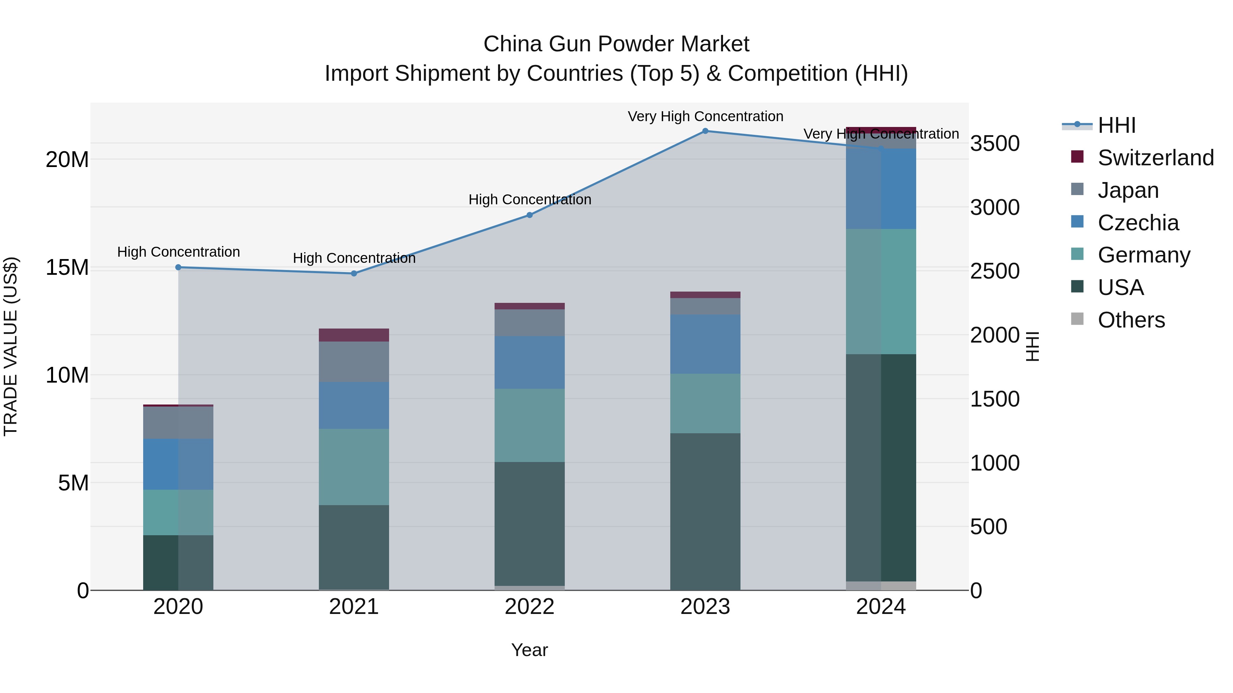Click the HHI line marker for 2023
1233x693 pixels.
705,131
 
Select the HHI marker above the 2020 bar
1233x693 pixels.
178,267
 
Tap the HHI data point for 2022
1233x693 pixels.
530,215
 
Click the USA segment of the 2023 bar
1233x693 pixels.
705,512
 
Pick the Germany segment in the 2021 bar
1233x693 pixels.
354,467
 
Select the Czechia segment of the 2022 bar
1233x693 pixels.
530,362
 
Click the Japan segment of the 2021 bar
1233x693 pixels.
354,362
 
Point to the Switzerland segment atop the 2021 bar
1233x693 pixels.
354,335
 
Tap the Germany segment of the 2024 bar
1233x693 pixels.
881,292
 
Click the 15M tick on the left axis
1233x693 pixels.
67,267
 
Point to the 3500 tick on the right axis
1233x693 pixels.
995,143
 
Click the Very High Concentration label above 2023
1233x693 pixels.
705,116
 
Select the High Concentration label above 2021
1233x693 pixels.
354,258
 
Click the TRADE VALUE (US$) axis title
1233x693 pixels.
11,346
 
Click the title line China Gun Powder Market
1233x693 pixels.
616,44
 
